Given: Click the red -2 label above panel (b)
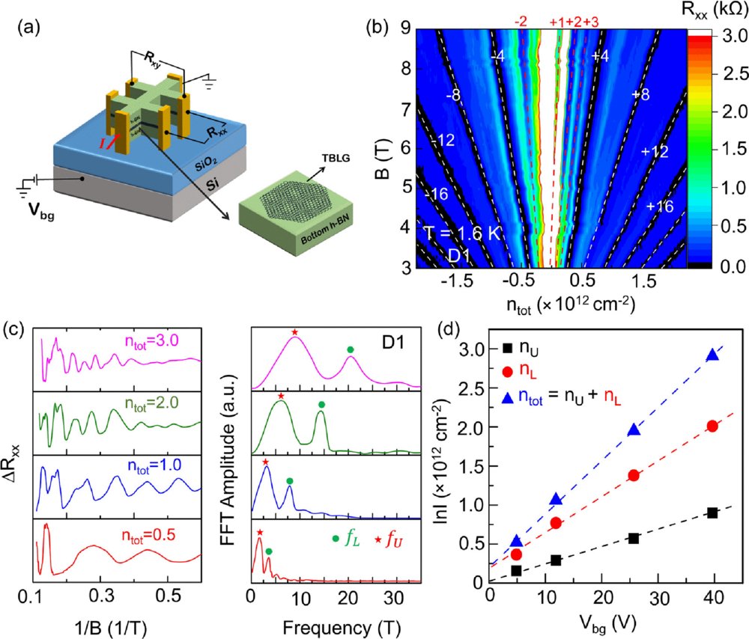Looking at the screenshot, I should (521, 22).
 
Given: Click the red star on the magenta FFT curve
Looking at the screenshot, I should (294, 331).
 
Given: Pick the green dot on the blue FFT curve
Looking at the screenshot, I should (289, 481).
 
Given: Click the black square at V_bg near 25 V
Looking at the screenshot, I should (634, 538).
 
